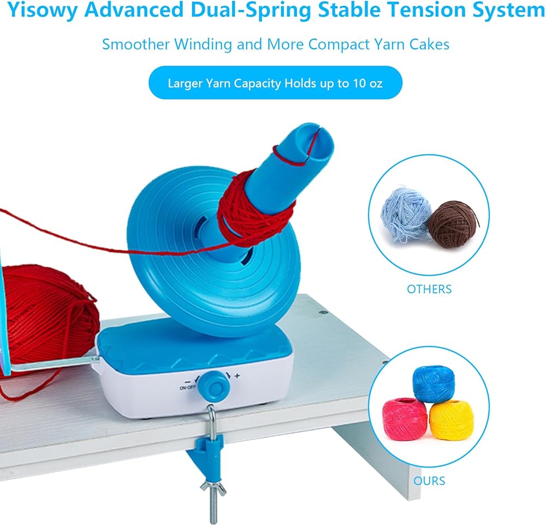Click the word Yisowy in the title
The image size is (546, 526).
click(42, 10)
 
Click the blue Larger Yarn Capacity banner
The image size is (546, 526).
click(275, 83)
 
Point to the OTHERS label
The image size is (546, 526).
click(429, 289)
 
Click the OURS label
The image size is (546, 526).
click(429, 481)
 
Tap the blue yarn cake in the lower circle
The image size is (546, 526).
click(434, 383)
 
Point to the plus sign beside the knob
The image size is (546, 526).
click(237, 376)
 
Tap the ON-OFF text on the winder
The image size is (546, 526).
click(187, 388)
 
